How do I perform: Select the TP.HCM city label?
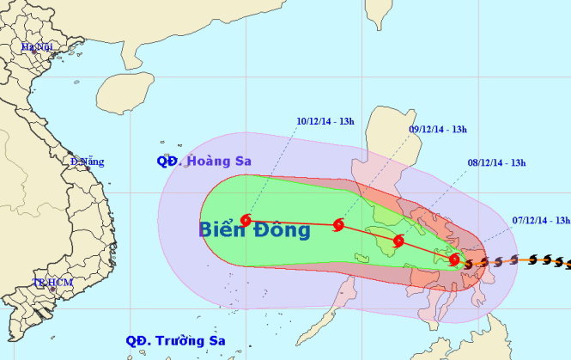[x=51, y=282]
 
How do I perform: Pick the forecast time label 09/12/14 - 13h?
[x=437, y=130]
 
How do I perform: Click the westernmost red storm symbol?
[x=246, y=220]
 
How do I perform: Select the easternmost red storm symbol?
[x=454, y=259]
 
